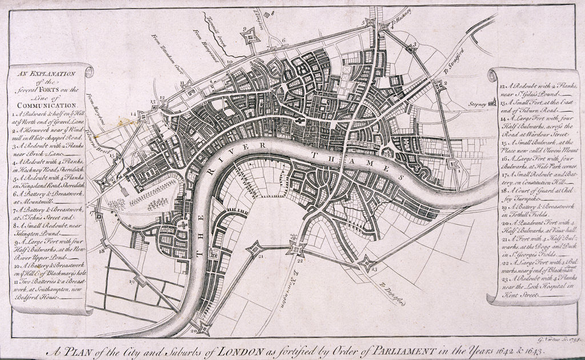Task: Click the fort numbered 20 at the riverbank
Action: (203, 328)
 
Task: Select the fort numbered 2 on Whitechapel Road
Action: (438, 86)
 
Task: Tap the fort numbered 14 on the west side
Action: (142, 116)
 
